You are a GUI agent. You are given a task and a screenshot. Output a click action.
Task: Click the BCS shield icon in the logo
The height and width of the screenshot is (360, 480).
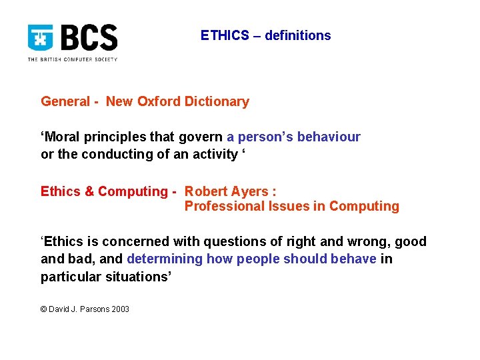[x=41, y=38]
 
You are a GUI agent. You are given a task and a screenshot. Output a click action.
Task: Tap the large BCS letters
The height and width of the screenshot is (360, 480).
[x=89, y=38]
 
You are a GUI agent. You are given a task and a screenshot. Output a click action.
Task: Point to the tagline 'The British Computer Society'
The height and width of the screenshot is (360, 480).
[x=72, y=59]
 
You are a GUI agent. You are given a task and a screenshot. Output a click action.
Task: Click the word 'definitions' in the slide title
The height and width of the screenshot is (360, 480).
[x=297, y=36]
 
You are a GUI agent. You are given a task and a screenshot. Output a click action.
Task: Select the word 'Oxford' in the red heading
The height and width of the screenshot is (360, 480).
[x=159, y=102]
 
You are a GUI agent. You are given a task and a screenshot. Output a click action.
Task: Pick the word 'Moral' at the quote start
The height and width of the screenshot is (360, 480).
[x=62, y=137]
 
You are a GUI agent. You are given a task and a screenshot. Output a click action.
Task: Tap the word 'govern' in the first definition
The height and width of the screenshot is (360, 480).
[x=201, y=137]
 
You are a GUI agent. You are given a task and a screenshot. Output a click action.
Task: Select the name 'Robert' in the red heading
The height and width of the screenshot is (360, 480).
[x=206, y=192]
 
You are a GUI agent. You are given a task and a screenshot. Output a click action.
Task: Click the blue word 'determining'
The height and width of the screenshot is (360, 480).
[x=165, y=259]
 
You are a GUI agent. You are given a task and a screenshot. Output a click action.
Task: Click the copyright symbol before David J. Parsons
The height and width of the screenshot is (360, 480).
[x=44, y=309]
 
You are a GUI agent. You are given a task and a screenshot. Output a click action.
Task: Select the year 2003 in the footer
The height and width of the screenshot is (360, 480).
[x=119, y=309]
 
